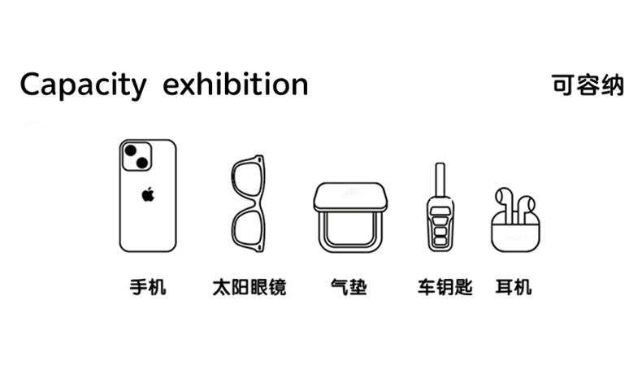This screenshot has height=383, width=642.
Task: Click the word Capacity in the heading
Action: pos(83,85)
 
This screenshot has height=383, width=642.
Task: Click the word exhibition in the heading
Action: pos(235,84)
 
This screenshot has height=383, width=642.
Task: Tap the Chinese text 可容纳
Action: pos(588,85)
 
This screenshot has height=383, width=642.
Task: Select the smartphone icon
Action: pos(147,195)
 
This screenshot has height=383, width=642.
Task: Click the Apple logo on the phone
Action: pos(147,194)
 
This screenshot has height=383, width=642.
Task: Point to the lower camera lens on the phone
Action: pos(141,164)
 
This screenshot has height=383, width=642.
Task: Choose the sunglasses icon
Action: pos(248,203)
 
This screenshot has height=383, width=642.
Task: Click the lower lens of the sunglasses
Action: pos(247,227)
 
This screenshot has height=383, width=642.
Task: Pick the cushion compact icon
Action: pos(350,216)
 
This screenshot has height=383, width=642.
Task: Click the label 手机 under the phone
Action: pos(147,287)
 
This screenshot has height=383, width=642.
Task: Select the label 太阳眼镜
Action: pos(249,287)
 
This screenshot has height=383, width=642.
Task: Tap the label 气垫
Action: pos(349,287)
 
